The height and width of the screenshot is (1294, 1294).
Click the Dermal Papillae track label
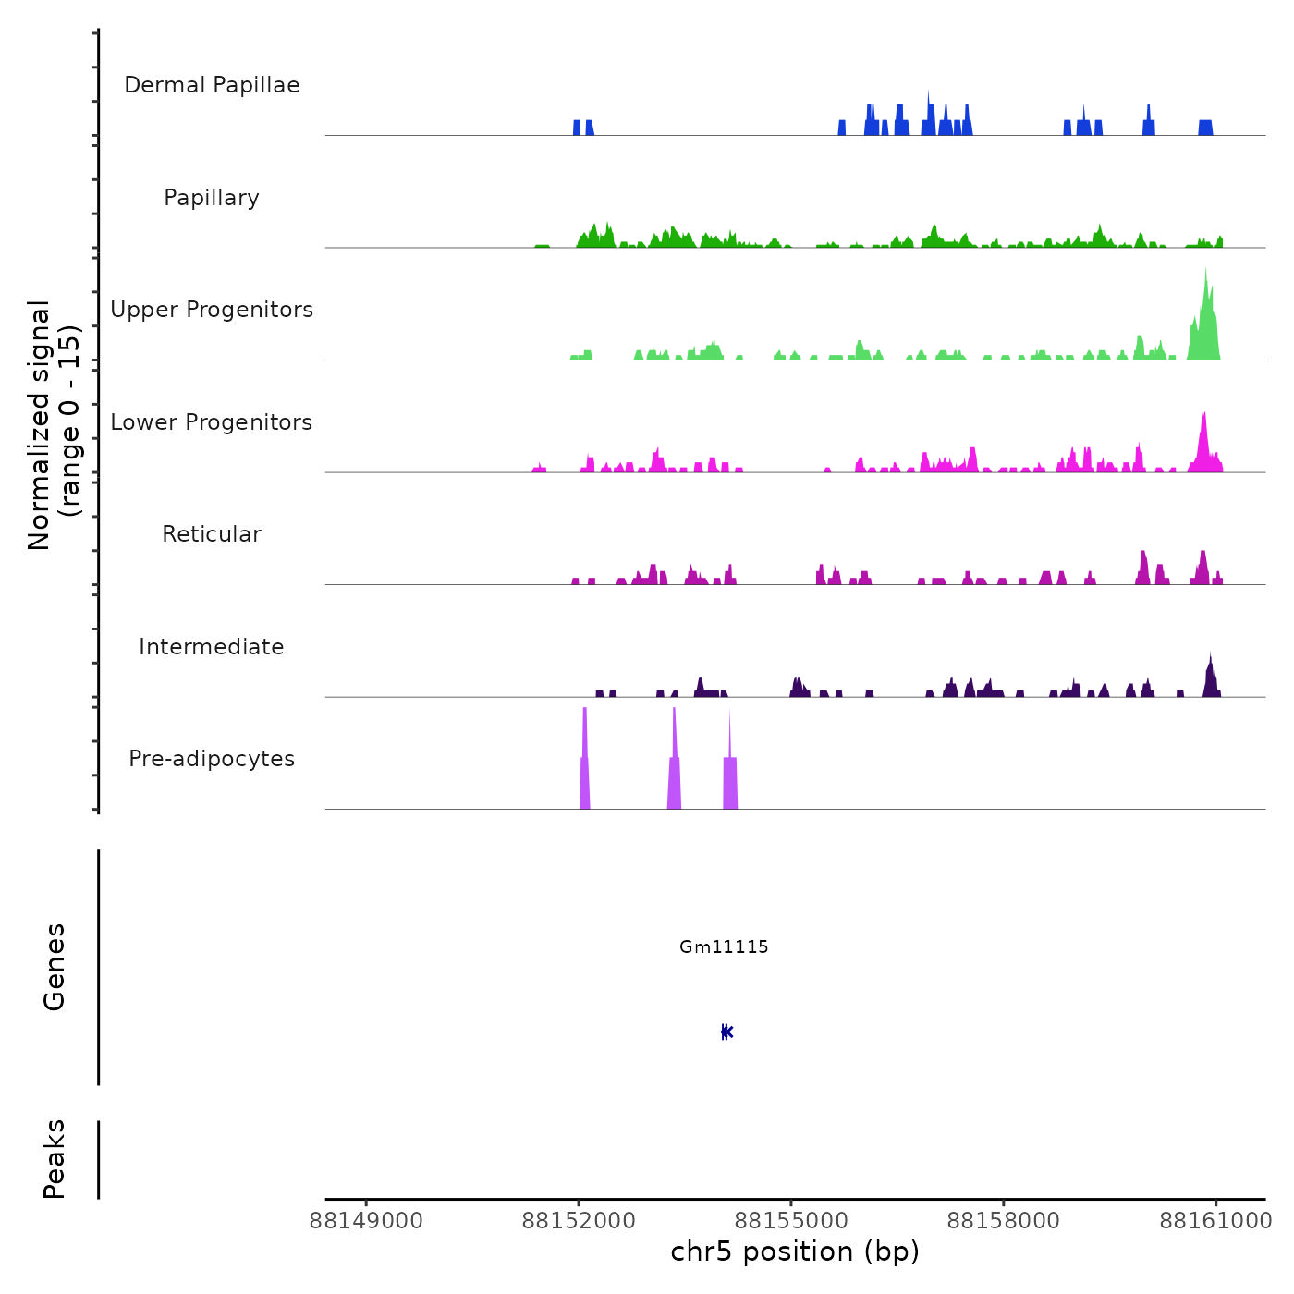coord(212,85)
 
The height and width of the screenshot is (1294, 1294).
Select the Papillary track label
coord(212,198)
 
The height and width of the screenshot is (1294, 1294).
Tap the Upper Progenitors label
coord(212,310)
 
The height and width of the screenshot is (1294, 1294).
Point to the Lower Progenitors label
coord(212,422)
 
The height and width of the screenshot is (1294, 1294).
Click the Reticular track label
coord(212,534)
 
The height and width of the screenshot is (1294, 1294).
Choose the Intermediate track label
coord(212,647)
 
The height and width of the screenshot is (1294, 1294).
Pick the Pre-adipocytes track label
coord(212,759)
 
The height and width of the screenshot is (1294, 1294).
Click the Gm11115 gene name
coord(724,946)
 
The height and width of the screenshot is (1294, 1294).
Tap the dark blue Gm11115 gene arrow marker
coord(726,1032)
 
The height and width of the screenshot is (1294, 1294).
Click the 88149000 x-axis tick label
coord(367,1221)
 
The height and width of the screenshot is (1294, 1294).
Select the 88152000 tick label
coord(580,1221)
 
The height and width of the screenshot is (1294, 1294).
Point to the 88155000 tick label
coord(791,1221)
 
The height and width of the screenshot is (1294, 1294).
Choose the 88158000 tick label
coord(1004,1221)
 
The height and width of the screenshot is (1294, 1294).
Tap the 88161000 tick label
coord(1216,1221)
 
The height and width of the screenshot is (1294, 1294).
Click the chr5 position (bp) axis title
coord(795,1251)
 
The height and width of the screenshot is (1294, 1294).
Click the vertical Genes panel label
coord(55,967)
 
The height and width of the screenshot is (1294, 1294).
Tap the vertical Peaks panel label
coord(55,1159)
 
